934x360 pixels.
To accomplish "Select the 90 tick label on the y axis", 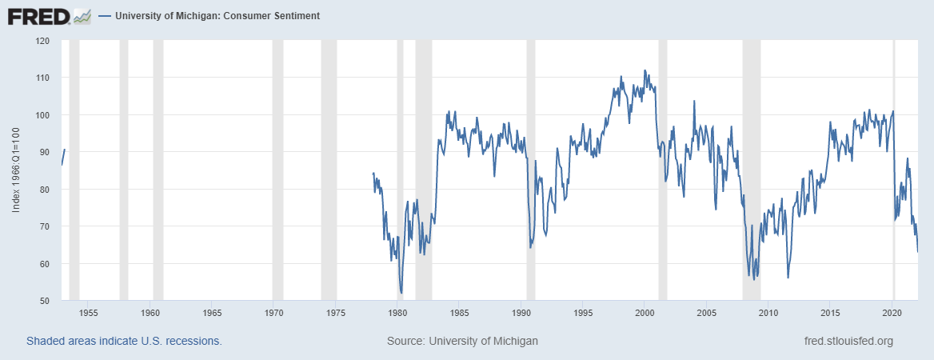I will pyautogui.click(x=45, y=152).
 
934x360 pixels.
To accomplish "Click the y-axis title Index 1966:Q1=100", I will pyautogui.click(x=17, y=171).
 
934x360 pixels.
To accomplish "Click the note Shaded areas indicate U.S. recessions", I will pyautogui.click(x=124, y=341).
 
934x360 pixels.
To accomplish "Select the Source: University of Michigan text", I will pyautogui.click(x=462, y=341).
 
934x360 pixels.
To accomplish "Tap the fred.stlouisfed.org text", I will pyautogui.click(x=848, y=341).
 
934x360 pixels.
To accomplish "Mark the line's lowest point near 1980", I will pyautogui.click(x=401, y=293).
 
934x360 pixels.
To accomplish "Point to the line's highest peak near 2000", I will pyautogui.click(x=645, y=70).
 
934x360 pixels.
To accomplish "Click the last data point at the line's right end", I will pyautogui.click(x=917, y=251).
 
